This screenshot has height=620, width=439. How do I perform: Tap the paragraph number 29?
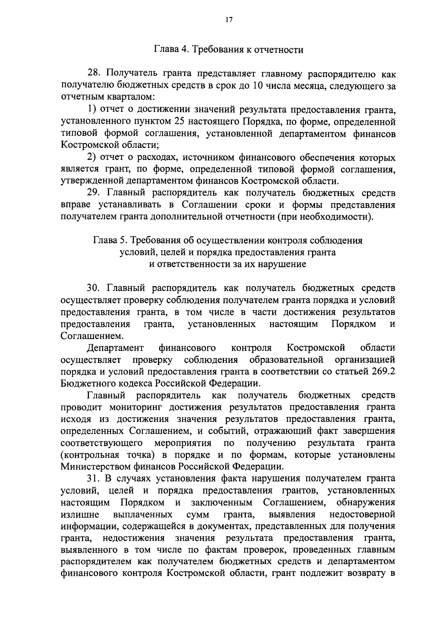click(94, 193)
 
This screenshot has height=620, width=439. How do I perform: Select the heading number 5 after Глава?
click(126, 241)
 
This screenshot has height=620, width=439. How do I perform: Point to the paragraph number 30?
click(94, 288)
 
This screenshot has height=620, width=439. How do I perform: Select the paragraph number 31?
click(94, 478)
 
